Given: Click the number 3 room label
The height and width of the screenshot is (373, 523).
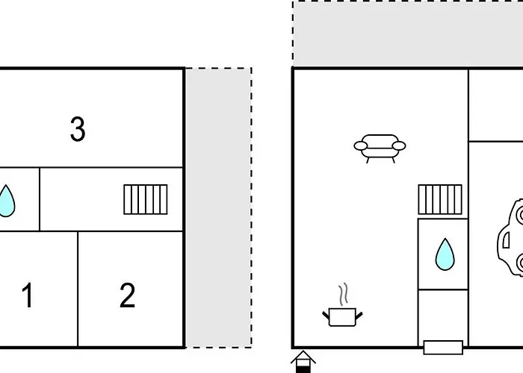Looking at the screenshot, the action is (78, 129).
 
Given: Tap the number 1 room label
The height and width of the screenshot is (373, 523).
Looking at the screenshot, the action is (28, 295).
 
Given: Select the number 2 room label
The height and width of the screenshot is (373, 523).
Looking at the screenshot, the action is (128, 295).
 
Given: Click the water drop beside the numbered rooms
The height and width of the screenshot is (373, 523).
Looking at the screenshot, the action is (6, 201).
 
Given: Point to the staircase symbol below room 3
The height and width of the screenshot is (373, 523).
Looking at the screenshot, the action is (146, 199).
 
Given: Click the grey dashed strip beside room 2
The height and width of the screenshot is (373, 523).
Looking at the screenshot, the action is (219, 208).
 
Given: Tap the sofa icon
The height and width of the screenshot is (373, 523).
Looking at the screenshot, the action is (380, 148).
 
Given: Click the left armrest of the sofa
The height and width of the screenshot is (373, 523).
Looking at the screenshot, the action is (361, 146).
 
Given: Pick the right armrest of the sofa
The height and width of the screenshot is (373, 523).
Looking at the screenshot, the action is (399, 146).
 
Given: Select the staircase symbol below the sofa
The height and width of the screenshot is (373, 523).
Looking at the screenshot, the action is (440, 199).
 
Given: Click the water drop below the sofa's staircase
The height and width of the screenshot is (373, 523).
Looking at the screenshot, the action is (445, 254).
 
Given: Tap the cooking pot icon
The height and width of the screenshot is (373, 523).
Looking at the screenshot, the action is (342, 317).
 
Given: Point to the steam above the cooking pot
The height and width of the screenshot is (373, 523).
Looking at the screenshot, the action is (344, 294).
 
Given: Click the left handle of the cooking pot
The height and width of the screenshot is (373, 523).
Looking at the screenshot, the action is (326, 316).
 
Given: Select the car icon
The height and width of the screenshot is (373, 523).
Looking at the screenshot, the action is (510, 237).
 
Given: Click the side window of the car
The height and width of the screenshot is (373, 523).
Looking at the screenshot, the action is (506, 240).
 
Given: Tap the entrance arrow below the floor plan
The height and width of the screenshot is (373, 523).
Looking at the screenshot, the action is (303, 362).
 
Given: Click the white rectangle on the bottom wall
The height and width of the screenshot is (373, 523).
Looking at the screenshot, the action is (443, 348).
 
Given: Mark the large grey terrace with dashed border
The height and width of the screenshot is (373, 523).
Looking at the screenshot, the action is (408, 34).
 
